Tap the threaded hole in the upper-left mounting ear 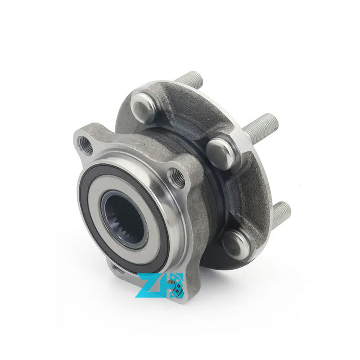click(x=85, y=144)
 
